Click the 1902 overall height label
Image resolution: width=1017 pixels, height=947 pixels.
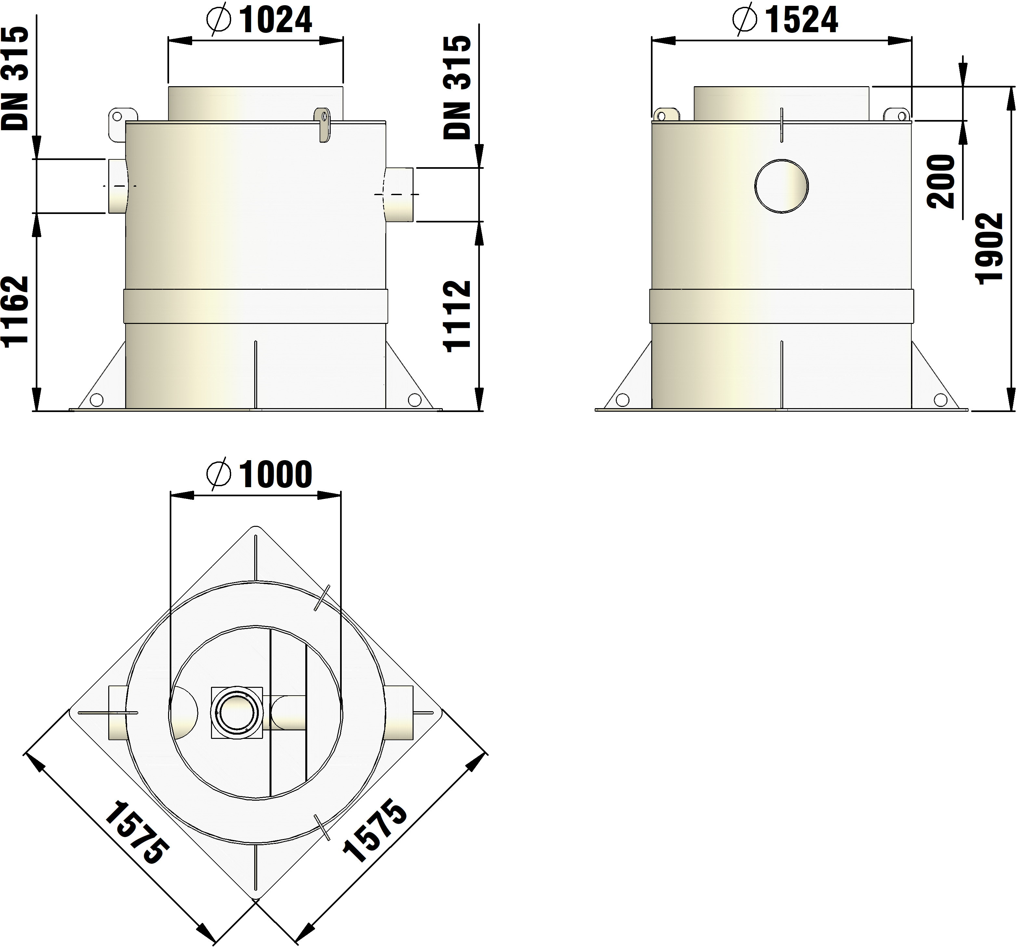click(x=989, y=249)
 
